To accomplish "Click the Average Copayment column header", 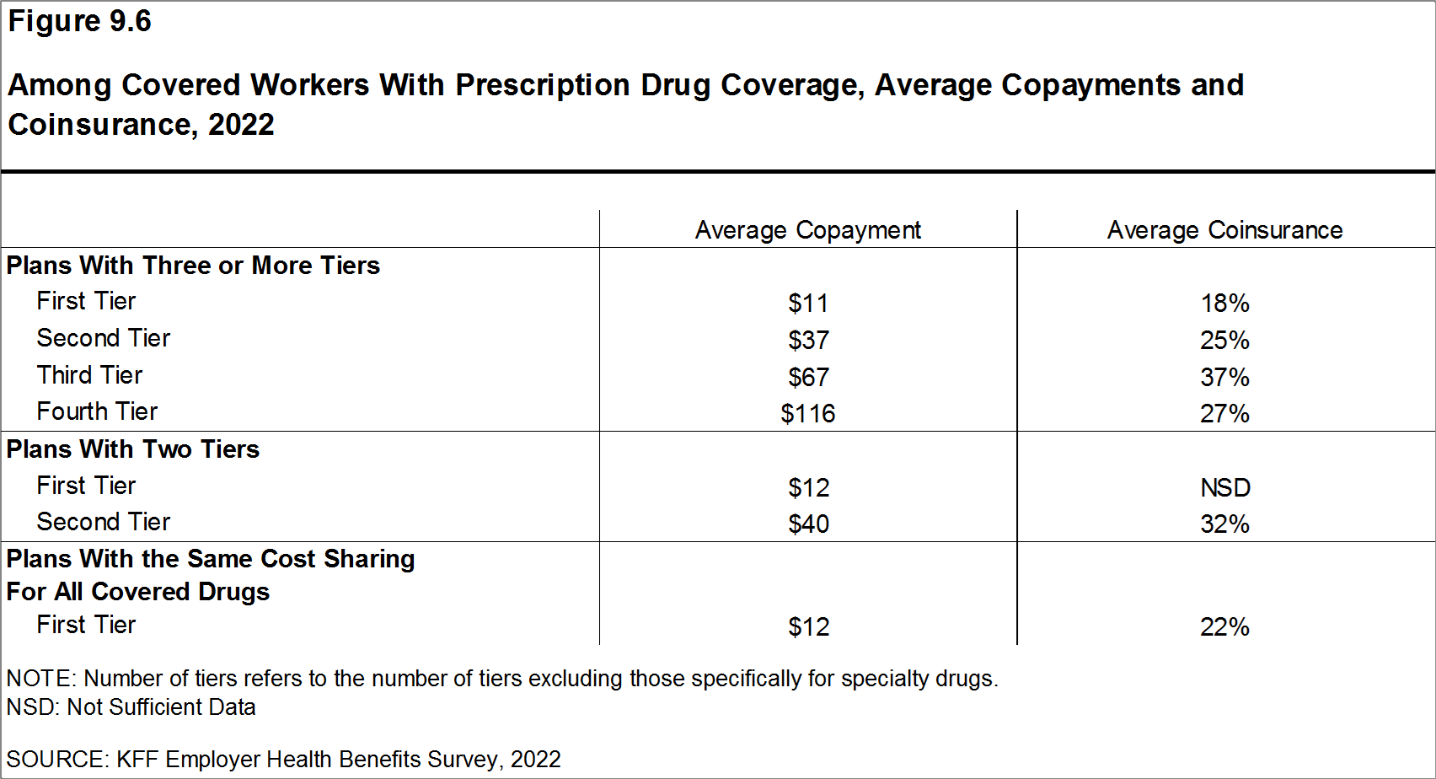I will click(x=807, y=230).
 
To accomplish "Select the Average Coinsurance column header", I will click(x=1224, y=230).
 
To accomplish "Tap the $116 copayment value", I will click(x=807, y=413).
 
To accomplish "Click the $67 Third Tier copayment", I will click(x=808, y=377).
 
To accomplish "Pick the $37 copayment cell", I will click(x=808, y=340).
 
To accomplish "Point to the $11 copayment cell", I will click(x=808, y=303).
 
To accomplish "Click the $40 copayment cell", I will click(x=808, y=524).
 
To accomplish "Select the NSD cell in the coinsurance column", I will click(x=1224, y=487).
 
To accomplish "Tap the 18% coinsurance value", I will click(x=1224, y=303).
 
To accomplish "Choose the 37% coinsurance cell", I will click(x=1224, y=377).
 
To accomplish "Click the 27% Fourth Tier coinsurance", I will click(x=1224, y=413).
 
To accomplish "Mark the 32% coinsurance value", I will click(x=1224, y=524).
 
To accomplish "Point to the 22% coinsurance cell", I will click(x=1224, y=626).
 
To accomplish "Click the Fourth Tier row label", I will click(x=97, y=411).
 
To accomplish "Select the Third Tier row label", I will click(x=89, y=375).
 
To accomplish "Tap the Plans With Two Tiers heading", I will click(x=133, y=449).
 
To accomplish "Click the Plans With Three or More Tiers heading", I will click(x=193, y=266).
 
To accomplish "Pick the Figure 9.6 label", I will click(x=79, y=21).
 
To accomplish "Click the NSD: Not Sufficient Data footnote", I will click(x=131, y=707).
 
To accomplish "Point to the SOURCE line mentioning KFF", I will click(x=283, y=760).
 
